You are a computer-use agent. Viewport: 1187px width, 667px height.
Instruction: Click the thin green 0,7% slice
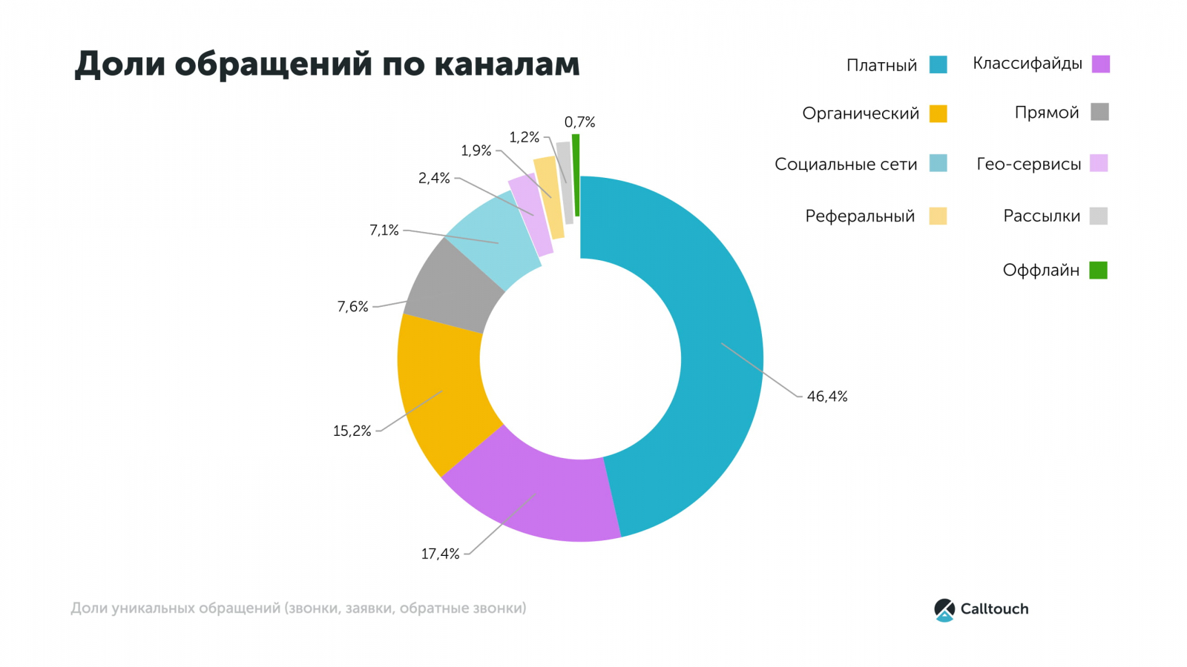(x=576, y=175)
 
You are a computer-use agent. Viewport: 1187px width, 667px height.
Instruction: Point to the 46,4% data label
(x=827, y=396)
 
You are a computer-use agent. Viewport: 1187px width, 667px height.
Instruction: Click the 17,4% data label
(x=440, y=554)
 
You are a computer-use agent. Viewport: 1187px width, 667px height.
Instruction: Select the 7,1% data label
(x=384, y=230)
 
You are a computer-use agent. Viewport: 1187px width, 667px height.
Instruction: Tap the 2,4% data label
(x=434, y=178)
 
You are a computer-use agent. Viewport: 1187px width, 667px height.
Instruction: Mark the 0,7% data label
(x=579, y=122)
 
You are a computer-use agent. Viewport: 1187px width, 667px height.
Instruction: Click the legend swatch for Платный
(x=938, y=64)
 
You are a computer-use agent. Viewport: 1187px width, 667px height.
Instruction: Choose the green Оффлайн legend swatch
(x=1098, y=271)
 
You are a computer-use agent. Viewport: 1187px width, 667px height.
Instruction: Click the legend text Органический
(x=861, y=113)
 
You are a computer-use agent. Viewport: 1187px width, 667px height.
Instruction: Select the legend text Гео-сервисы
(x=1028, y=165)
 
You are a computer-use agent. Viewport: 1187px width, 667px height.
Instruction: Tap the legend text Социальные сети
(x=846, y=165)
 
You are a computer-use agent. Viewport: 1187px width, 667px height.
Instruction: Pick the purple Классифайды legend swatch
(x=1101, y=64)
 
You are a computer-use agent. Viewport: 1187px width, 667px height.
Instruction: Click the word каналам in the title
(x=507, y=64)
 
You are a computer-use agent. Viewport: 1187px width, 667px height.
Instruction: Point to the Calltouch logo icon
(x=944, y=609)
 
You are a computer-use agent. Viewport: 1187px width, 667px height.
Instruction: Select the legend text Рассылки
(x=1042, y=216)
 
